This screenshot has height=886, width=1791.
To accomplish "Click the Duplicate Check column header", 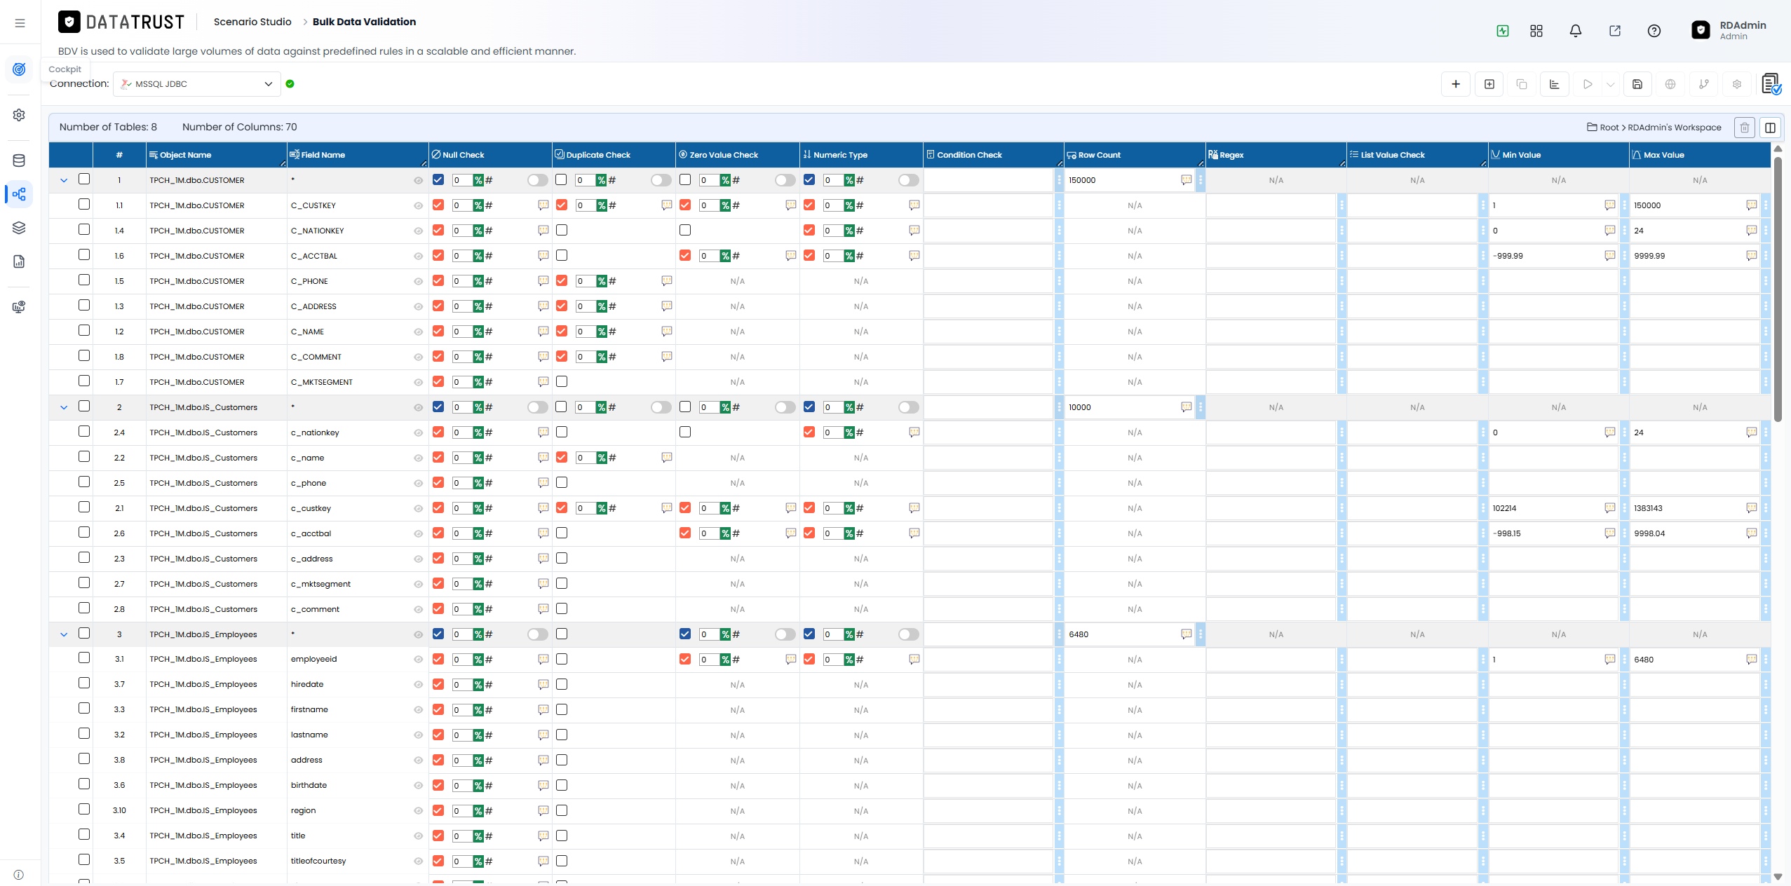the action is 597,155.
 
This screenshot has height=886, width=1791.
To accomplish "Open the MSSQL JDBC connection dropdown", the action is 197,84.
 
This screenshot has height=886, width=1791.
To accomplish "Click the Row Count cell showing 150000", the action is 1123,180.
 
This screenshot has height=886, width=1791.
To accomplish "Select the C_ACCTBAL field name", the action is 314,256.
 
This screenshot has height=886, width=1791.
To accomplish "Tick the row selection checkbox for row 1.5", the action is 84,280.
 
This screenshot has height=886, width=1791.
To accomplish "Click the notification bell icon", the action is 1576,31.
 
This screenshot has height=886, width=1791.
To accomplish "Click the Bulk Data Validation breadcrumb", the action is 364,22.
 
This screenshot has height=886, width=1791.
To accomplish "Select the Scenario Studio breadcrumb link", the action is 252,22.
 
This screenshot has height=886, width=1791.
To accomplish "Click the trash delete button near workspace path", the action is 1744,128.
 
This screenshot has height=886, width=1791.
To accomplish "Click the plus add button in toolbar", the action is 1456,84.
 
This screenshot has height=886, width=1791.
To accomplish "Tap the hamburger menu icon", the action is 20,23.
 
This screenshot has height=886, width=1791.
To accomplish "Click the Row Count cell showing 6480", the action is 1123,634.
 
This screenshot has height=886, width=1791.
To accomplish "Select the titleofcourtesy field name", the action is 318,861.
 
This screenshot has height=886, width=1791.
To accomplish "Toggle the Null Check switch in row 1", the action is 538,180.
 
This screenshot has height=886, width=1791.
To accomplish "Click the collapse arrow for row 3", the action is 64,634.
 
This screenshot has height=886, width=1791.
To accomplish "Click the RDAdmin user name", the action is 1743,25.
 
